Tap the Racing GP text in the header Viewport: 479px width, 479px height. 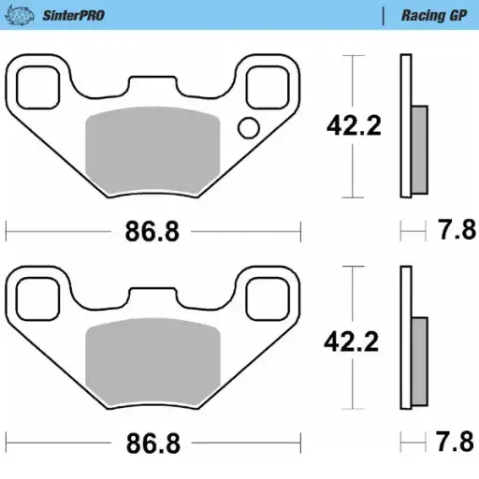434,16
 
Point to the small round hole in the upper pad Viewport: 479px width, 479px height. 249,128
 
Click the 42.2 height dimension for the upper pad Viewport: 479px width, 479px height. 353,125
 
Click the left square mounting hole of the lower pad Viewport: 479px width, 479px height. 39,299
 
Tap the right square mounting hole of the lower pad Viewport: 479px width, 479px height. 266,299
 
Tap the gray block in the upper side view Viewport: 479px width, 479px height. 418,150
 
